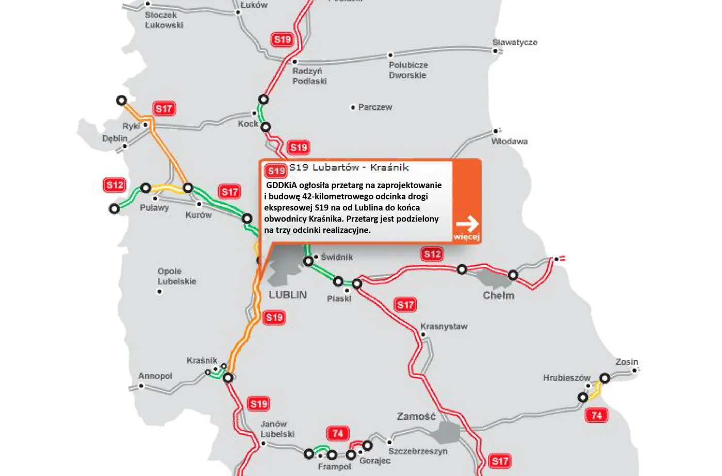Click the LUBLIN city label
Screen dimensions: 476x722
[288, 295]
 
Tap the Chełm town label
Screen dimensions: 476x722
[498, 295]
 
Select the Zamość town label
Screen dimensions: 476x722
[416, 416]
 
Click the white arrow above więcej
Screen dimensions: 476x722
[467, 224]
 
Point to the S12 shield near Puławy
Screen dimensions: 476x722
[114, 185]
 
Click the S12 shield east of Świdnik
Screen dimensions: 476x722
[432, 253]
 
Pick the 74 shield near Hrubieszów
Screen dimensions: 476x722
[597, 415]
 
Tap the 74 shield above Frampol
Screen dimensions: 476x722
[338, 433]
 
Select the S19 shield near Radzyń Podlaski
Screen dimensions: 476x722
[282, 40]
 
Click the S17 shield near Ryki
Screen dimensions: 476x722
[164, 109]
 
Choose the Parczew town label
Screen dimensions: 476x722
[375, 107]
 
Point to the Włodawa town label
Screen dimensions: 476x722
[509, 141]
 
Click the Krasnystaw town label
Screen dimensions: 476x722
[444, 327]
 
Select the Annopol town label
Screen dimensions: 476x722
[155, 376]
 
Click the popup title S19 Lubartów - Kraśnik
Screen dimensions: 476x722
[349, 167]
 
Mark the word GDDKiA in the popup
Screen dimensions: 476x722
[282, 185]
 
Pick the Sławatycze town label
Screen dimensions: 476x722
[515, 42]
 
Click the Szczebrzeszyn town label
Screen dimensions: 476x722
[418, 451]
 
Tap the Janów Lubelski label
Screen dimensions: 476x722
[277, 429]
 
